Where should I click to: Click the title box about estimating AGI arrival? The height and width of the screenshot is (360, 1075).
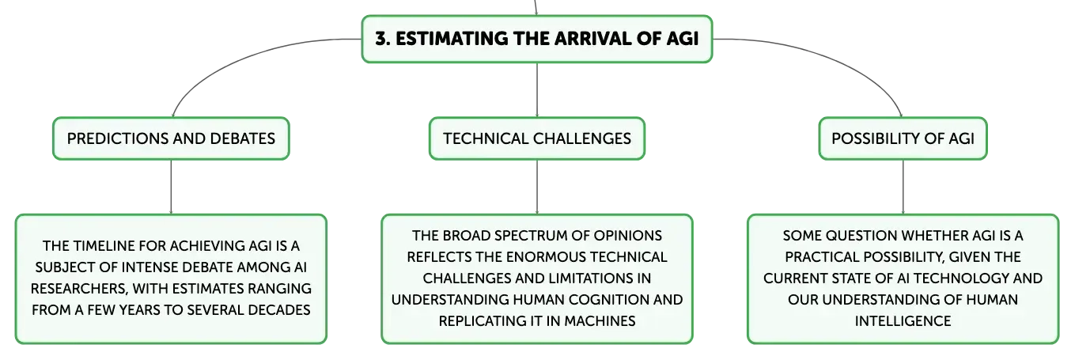(536, 39)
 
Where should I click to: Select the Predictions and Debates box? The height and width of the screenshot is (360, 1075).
(171, 138)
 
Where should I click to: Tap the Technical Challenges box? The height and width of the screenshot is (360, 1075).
(536, 138)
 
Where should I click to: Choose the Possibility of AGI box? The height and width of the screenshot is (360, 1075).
(903, 138)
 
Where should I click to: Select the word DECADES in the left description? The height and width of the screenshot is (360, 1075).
(278, 310)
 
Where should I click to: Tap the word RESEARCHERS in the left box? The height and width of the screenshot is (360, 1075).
(79, 289)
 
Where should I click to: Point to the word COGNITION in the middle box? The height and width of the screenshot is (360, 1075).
(609, 300)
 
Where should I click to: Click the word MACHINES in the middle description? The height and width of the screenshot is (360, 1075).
(600, 320)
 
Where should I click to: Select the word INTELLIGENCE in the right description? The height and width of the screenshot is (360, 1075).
(903, 320)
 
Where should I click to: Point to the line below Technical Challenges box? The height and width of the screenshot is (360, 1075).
(536, 187)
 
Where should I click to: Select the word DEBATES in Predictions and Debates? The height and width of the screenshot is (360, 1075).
(242, 138)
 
